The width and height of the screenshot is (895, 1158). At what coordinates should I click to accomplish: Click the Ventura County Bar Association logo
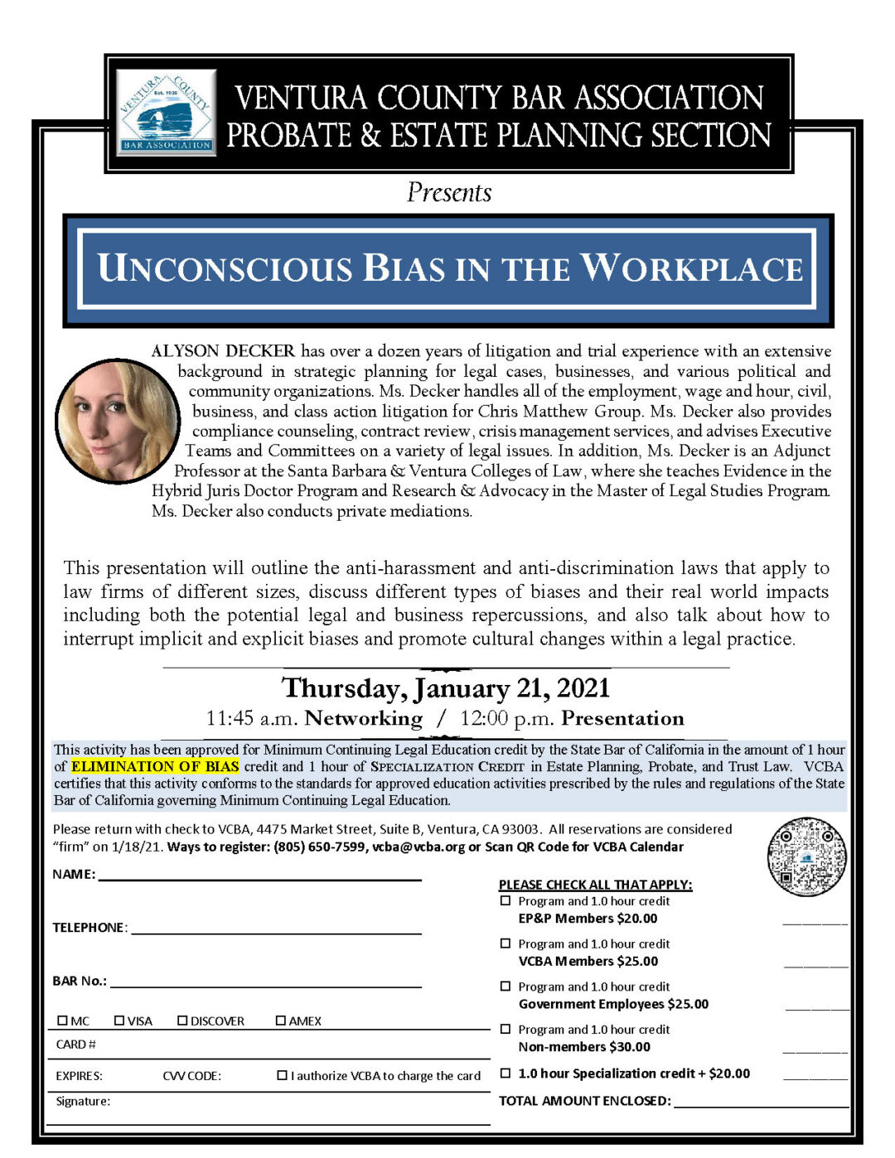(x=167, y=113)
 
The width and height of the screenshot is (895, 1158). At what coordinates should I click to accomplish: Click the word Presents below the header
(x=449, y=193)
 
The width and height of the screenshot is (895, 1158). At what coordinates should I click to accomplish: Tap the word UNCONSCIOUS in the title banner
(x=225, y=268)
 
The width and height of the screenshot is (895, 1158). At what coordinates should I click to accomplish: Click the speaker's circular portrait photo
(x=117, y=420)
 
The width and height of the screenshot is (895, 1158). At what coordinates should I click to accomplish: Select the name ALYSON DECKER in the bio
(x=223, y=351)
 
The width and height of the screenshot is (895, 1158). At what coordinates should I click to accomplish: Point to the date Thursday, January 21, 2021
(x=446, y=688)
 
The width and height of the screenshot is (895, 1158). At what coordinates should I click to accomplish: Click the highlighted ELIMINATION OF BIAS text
(x=155, y=766)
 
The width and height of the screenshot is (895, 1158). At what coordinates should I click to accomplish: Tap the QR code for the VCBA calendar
(x=806, y=856)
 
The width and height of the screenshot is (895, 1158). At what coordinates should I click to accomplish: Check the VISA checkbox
(x=119, y=1020)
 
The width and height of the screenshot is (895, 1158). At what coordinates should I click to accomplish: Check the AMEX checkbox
(x=281, y=1020)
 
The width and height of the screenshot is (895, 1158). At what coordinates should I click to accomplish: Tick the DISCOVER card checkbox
(x=182, y=1020)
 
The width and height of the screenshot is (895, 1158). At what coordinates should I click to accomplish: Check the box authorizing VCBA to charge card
(x=283, y=1075)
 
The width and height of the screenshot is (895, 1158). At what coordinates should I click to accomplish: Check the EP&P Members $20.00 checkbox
(x=506, y=900)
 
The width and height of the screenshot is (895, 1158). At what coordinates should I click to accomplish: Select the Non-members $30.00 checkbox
(x=506, y=1029)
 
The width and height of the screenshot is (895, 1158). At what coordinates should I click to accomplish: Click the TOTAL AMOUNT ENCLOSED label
(x=584, y=1101)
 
